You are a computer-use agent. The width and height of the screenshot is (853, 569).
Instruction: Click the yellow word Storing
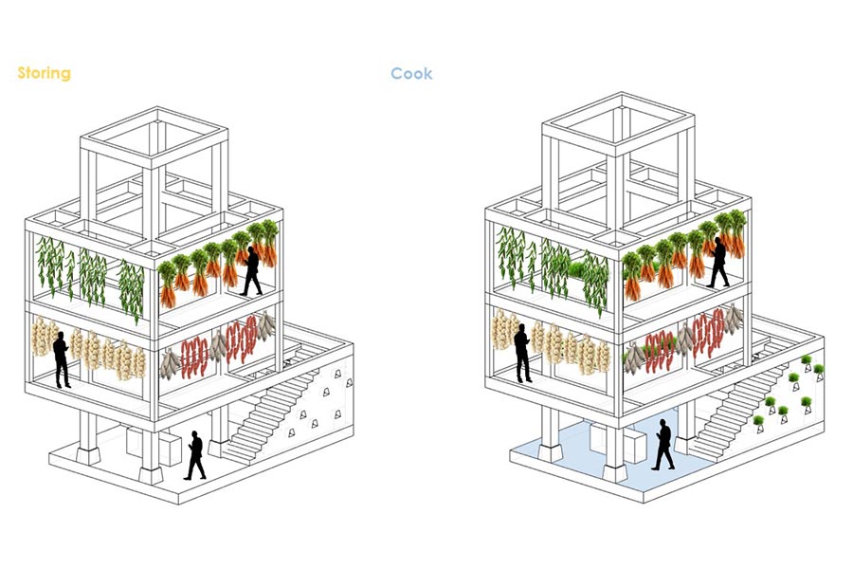click(44, 73)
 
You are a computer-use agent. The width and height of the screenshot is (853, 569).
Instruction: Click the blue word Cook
click(411, 73)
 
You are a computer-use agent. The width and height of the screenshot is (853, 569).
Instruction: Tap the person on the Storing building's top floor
click(252, 271)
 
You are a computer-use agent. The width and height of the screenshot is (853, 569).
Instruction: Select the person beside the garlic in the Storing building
click(62, 360)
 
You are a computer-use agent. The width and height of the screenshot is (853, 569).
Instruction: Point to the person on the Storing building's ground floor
click(194, 456)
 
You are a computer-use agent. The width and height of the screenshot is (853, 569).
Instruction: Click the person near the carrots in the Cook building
click(717, 263)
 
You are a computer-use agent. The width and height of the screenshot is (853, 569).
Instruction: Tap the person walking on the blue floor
click(662, 446)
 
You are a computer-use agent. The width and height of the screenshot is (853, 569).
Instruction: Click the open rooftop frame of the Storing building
click(155, 161)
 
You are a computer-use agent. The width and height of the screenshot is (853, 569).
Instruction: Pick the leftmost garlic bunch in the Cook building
click(500, 331)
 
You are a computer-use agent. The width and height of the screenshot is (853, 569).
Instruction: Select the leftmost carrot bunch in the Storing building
click(167, 284)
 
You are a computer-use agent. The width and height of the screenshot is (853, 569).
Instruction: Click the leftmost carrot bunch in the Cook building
click(632, 274)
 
